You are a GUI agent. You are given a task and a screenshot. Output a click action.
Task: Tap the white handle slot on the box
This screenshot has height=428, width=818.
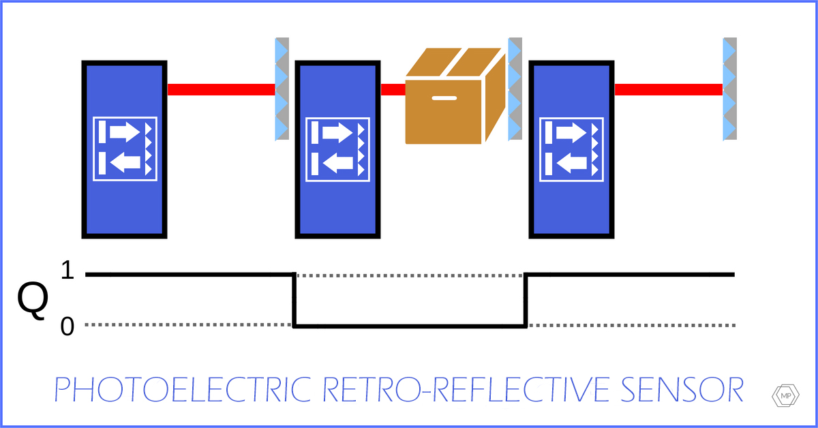(444, 97)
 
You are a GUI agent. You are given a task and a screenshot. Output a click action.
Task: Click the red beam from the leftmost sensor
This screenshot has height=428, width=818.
(221, 89)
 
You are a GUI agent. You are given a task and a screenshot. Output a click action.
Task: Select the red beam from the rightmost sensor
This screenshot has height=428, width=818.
(668, 89)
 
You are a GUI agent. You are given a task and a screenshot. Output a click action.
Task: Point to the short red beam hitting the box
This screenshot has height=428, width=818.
(393, 89)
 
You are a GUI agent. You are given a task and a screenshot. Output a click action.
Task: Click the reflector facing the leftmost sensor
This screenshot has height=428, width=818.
(282, 89)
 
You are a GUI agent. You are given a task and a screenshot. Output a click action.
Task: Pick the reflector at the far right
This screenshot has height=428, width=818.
(730, 89)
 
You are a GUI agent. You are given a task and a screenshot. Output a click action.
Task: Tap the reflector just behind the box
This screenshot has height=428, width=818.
(515, 89)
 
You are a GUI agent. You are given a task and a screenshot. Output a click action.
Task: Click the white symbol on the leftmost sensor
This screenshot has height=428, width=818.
(125, 149)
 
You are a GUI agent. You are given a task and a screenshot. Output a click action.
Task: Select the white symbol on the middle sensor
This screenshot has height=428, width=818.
(338, 149)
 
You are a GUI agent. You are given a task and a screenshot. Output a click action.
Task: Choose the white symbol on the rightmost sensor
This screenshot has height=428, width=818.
(572, 149)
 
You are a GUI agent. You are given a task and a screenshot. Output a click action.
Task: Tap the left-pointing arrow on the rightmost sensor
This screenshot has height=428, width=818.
(572, 164)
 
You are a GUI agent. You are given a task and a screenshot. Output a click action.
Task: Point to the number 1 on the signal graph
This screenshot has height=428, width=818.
(67, 273)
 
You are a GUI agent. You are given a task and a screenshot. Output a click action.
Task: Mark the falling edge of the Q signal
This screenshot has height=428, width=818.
(294, 300)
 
